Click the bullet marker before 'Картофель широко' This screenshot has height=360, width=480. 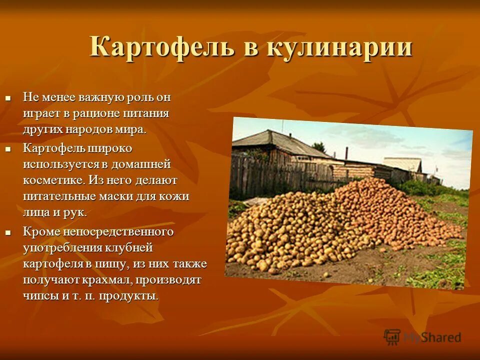(x=7, y=149)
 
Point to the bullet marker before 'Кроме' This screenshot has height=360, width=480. (x=7, y=232)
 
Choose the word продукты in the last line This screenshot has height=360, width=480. (x=128, y=295)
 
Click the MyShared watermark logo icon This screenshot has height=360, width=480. (x=392, y=336)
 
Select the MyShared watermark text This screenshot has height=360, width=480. (x=432, y=337)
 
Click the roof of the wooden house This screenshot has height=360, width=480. (x=280, y=143)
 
